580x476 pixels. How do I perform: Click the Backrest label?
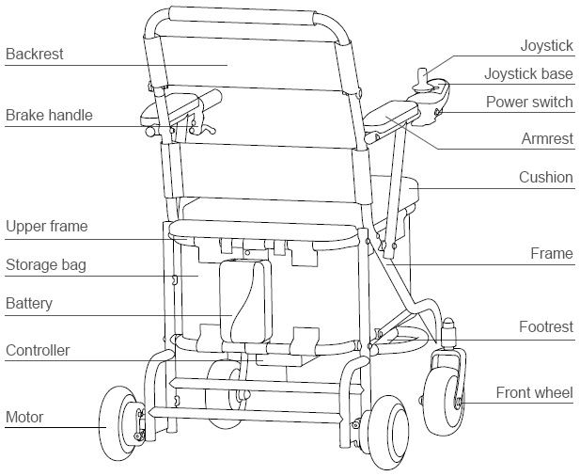click(x=35, y=55)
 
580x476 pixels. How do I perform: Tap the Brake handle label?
click(x=49, y=116)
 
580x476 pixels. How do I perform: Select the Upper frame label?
click(x=46, y=227)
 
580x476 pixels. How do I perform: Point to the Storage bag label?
click(x=46, y=265)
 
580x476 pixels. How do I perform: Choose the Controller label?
click(x=38, y=351)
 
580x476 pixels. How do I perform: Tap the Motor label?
click(x=24, y=417)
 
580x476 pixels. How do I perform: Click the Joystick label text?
click(x=546, y=46)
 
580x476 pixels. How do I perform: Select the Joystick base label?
click(x=528, y=73)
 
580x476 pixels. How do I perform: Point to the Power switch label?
click(x=529, y=102)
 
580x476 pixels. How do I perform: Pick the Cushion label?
click(x=545, y=177)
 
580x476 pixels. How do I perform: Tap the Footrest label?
click(x=545, y=326)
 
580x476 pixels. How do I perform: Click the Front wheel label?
click(x=534, y=392)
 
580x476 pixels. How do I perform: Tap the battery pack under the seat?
click(x=245, y=301)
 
